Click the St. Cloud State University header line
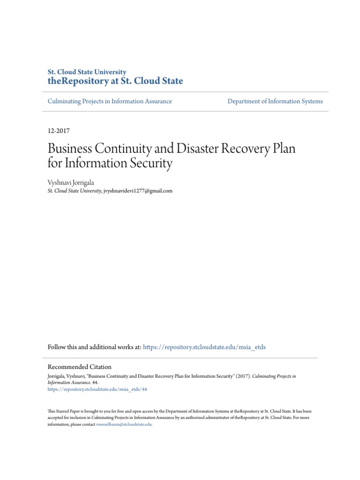click(x=87, y=72)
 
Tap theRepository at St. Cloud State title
click(x=115, y=81)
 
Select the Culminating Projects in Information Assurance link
click(x=110, y=101)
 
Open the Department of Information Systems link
click(x=275, y=101)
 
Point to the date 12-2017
click(x=59, y=131)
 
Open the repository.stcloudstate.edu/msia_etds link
click(x=204, y=347)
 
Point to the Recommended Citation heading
click(x=80, y=367)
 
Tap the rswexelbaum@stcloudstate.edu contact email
click(x=124, y=424)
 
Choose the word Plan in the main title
click(x=283, y=150)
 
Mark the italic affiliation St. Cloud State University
click(x=75, y=191)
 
